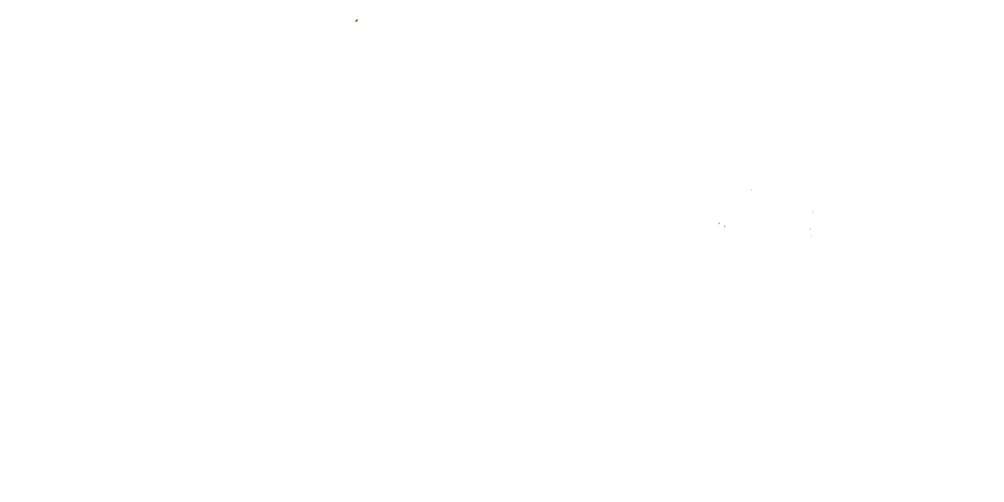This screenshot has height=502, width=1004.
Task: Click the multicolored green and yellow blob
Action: click(357, 21)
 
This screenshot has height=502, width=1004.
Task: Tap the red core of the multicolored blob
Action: click(356, 21)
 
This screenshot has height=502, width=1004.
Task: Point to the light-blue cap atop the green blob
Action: click(357, 19)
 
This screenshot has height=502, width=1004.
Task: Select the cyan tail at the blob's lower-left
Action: click(355, 22)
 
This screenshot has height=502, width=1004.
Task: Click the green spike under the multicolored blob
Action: click(357, 22)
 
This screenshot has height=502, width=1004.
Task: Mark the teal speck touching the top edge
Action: click(234, 0)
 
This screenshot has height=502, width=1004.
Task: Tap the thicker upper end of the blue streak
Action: click(752, 190)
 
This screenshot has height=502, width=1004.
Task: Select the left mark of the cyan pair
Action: click(719, 223)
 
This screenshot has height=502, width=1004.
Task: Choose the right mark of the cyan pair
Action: click(725, 227)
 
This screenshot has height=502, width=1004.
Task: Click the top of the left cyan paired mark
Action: click(719, 223)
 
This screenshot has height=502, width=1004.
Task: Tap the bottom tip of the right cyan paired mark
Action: click(725, 228)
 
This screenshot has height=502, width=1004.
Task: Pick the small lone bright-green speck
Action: click(813, 212)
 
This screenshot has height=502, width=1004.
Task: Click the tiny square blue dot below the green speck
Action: click(810, 229)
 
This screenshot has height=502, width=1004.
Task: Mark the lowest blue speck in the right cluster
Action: click(812, 236)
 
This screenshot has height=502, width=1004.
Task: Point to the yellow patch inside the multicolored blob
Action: click(357, 20)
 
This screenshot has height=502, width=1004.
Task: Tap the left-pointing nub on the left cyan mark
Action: click(719, 223)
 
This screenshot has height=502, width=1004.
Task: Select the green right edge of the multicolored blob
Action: click(358, 20)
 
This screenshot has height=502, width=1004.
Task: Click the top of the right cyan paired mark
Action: click(725, 225)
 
